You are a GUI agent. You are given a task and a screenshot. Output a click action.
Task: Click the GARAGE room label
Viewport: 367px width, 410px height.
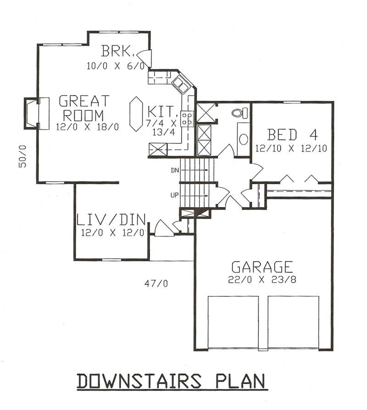pos(262,267)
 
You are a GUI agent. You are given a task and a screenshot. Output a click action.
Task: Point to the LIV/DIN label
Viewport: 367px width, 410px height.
pos(110,220)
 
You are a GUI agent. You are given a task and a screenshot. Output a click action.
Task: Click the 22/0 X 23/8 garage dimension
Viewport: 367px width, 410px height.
pos(262,279)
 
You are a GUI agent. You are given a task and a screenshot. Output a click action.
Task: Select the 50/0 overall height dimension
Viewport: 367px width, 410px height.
pos(23,156)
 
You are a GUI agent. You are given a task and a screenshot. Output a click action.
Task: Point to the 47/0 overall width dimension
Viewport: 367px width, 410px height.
pos(156,284)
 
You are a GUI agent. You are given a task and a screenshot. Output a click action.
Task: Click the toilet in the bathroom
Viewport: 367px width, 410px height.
pos(240,113)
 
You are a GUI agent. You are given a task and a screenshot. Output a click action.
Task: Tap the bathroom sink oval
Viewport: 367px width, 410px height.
pos(244,139)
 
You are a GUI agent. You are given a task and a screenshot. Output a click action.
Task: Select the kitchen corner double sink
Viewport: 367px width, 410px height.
pos(181,85)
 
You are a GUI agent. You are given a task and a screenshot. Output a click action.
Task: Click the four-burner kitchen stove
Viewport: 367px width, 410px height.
pos(187,119)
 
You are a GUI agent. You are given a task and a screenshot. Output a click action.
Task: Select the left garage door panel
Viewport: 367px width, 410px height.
pos(233,322)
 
